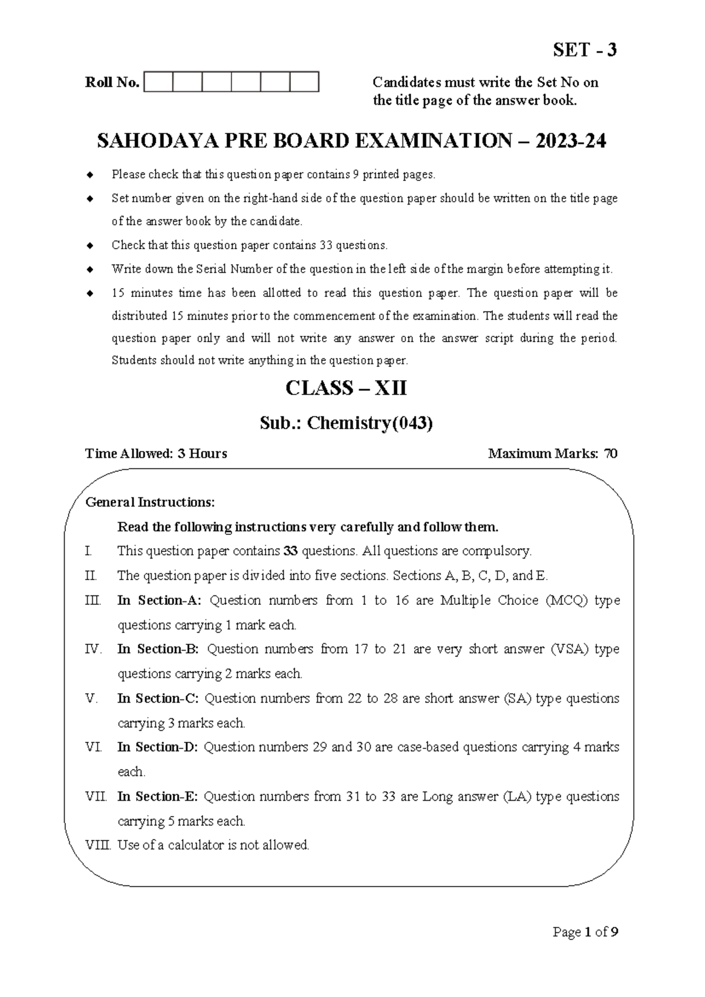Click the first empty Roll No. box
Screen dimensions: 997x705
tap(158, 82)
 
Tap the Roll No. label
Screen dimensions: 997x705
tap(112, 82)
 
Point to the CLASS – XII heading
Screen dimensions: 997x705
tap(346, 389)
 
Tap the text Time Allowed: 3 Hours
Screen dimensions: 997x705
tap(156, 453)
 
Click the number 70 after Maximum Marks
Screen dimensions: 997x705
tap(610, 453)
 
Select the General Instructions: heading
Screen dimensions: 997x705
tap(150, 502)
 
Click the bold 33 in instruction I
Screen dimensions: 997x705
tap(290, 551)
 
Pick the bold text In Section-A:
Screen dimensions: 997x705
tap(159, 600)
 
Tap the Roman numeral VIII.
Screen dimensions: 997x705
tap(98, 845)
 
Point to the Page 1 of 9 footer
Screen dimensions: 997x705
tap(585, 932)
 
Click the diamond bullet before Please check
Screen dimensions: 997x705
tap(89, 175)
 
